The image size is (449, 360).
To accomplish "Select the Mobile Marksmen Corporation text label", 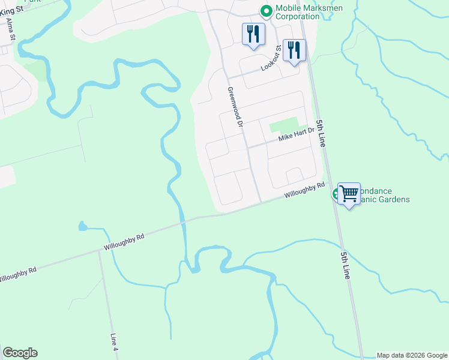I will coord(297,12).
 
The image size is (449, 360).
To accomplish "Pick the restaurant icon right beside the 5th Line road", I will coord(294,50).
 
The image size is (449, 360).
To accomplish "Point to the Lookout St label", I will coord(271,58).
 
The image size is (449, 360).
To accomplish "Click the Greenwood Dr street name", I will coord(234,106).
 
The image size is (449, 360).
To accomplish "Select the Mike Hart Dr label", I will coord(296,137).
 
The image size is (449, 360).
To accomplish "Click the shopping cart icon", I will coord(349,193).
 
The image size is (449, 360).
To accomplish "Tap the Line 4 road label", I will coord(114,341).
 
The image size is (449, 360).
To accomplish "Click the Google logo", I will coord(20,353).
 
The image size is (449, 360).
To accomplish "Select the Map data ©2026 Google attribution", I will coord(412,355).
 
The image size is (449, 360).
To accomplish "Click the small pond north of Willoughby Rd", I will coord(82,226).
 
